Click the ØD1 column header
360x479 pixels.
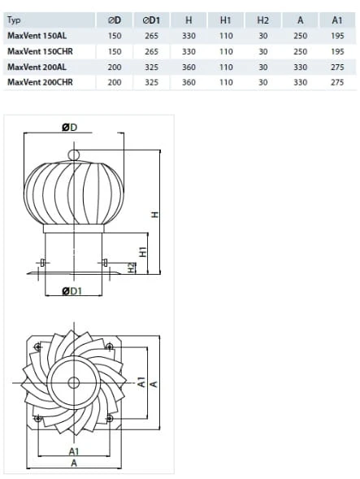click(x=151, y=20)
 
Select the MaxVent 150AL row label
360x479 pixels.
click(x=37, y=36)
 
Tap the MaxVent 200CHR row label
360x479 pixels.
click(x=40, y=82)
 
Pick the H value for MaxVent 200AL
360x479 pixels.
click(x=189, y=67)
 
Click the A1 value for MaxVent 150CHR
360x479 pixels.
click(x=337, y=51)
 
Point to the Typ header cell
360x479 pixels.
click(x=14, y=20)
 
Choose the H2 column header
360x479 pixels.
click(x=263, y=20)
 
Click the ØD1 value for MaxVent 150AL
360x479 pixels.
click(x=151, y=36)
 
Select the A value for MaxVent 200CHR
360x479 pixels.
click(x=300, y=82)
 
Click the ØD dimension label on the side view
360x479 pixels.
click(x=70, y=128)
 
